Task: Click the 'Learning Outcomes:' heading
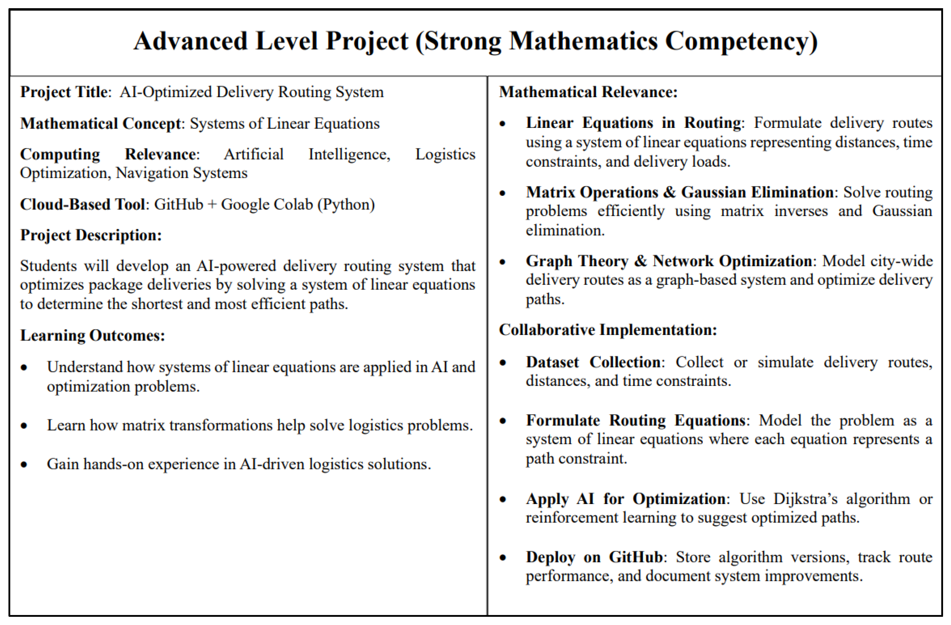[92, 335]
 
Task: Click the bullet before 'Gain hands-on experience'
[24, 464]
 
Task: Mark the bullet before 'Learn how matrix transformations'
[24, 426]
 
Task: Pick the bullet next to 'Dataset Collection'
[503, 363]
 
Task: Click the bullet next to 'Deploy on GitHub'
[503, 558]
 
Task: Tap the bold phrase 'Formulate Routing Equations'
[635, 421]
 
